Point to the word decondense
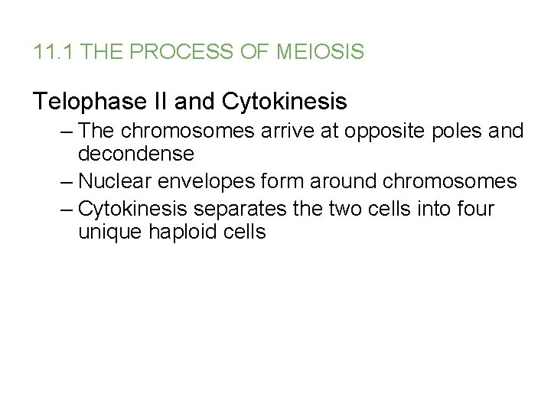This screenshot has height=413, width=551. [x=135, y=154]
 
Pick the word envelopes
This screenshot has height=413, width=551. [x=203, y=182]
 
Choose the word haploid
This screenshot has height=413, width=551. [x=184, y=232]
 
